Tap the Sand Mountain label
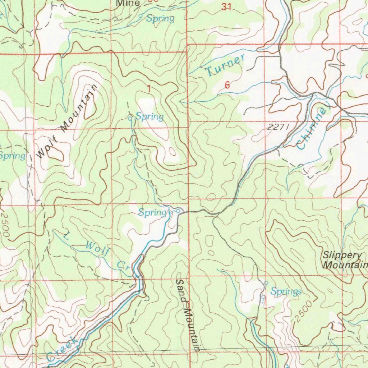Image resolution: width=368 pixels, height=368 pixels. pos(187,315)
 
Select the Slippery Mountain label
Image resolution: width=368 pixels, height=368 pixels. pos(344,260)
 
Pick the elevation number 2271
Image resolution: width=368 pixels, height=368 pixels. pos(278,127)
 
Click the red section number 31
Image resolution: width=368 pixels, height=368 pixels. pos(226,6)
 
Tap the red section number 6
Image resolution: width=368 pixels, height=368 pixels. pos(227,85)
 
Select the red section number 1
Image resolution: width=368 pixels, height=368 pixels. pos(148,88)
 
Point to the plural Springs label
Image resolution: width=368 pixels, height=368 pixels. pos(286,291)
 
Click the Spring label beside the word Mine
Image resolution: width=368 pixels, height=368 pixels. pos(160,19)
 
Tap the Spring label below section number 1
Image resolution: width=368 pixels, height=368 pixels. pos(149,116)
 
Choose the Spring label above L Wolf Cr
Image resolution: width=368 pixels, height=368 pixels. pos(151,213)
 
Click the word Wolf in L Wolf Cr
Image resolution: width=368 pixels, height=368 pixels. pos(97,249)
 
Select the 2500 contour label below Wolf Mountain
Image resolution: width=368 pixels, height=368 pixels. pos(6,224)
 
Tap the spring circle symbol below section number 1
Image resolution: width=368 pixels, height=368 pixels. pos(130,118)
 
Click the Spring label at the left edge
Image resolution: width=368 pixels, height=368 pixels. pos(12,156)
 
